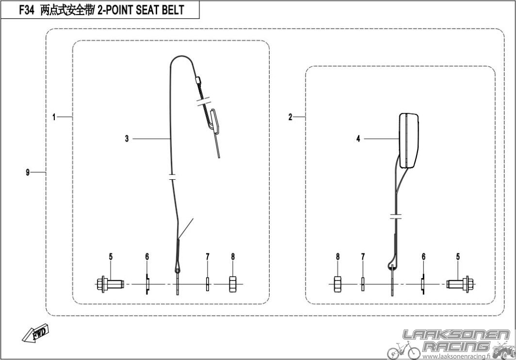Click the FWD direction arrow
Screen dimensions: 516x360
coord(35,334)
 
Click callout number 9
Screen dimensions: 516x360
coord(28,172)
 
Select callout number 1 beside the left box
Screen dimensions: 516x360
coord(54,117)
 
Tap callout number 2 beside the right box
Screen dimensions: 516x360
coord(290,117)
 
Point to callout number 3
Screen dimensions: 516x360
coord(127,139)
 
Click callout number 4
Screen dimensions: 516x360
coord(358,139)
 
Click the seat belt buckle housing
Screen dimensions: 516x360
coord(409,141)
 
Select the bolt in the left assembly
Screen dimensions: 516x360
coord(110,284)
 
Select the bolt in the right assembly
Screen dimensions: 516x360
coord(460,284)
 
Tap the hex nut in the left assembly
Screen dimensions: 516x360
coord(233,284)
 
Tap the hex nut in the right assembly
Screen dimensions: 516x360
coord(338,284)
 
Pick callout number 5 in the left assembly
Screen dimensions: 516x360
coord(111,256)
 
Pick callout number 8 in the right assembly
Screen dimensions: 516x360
coord(338,256)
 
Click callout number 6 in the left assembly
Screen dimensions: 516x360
coord(147,256)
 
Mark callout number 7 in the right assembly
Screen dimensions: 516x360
coord(363,256)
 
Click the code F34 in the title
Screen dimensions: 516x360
coord(26,10)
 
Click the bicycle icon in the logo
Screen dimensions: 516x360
coord(404,350)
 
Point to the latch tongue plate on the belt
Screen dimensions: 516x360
coord(215,122)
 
